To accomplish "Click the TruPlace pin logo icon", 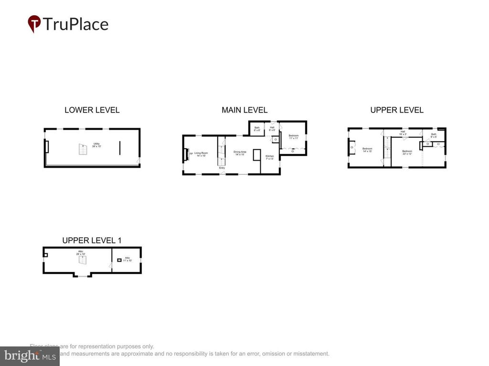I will [34, 24].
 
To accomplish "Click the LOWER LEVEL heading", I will [92, 110].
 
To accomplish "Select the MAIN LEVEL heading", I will [244, 110].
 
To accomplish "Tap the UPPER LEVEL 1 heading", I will [92, 240].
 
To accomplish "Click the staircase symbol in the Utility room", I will [84, 150].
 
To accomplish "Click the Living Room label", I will [200, 154].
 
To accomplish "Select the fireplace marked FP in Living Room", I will [186, 154].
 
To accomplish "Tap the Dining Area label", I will [239, 153].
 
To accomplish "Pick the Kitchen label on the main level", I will [270, 157].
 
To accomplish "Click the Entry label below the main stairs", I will [222, 168].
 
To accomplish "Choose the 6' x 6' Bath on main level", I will [257, 129].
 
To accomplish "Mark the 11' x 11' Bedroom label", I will [293, 136].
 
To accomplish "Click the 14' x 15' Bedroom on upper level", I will [367, 150].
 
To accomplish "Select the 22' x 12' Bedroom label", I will [407, 152].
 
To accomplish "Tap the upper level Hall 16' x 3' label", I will [403, 133].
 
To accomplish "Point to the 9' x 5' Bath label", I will [434, 135].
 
